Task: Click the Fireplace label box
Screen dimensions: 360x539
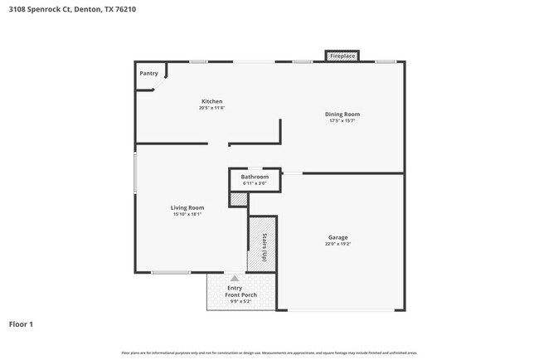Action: (x=342, y=56)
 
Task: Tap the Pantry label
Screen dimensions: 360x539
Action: (x=148, y=73)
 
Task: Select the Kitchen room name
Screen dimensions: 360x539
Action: (x=211, y=101)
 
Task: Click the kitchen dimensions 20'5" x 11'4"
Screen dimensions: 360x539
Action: (x=211, y=108)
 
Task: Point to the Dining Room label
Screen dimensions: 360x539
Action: (x=342, y=114)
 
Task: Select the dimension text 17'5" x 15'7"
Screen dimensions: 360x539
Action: (x=342, y=120)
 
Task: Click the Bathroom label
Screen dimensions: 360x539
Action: (x=255, y=177)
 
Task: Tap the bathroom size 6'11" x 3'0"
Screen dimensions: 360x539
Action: (x=255, y=183)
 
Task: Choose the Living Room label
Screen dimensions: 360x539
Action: (x=187, y=207)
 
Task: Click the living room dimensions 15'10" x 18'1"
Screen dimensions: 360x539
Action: (x=187, y=214)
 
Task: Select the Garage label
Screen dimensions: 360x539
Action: (x=337, y=237)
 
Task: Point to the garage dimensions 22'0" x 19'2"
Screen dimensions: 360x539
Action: (x=337, y=244)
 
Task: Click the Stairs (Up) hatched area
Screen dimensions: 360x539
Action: (x=261, y=245)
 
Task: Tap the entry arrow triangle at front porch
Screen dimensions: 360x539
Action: (x=235, y=279)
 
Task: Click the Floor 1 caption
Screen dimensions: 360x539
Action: (x=21, y=324)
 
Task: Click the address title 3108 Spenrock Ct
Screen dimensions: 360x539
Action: (x=50, y=10)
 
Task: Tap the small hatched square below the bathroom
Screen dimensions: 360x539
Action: (x=239, y=200)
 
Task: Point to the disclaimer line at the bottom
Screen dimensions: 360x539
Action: (x=269, y=353)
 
